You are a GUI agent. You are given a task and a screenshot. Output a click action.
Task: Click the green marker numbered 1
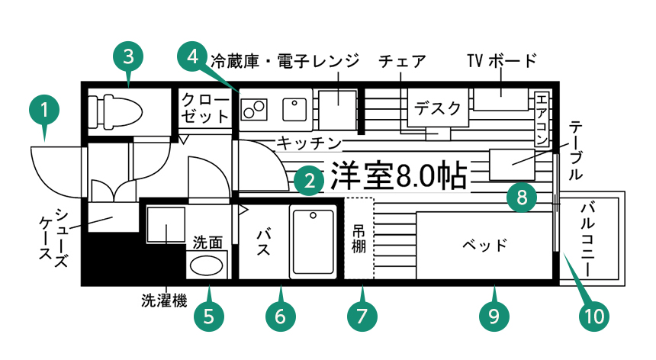(x=44, y=110)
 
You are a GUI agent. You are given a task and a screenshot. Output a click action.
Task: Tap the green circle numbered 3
(x=128, y=56)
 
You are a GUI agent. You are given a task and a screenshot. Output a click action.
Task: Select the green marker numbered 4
(x=192, y=56)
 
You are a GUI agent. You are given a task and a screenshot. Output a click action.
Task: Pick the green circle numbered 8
(x=522, y=197)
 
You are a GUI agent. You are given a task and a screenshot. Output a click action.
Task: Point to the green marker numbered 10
(x=594, y=316)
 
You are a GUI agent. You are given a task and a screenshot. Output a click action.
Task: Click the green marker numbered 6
(x=280, y=316)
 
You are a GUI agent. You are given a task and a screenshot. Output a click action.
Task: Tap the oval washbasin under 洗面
(x=206, y=265)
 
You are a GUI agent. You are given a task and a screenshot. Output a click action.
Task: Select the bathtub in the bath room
(x=314, y=242)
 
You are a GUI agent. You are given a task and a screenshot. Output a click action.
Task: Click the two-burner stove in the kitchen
(x=254, y=109)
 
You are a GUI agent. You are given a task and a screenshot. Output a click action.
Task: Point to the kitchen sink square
(x=294, y=109)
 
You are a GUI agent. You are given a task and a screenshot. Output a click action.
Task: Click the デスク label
(x=438, y=108)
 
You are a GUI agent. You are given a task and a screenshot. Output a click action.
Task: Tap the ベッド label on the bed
(x=484, y=245)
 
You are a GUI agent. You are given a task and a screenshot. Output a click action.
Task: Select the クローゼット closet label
(x=205, y=108)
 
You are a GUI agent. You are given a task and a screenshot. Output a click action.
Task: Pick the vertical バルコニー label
(x=588, y=239)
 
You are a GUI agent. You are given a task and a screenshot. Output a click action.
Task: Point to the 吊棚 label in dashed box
(x=359, y=239)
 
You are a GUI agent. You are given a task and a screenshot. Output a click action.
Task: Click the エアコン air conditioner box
(x=542, y=118)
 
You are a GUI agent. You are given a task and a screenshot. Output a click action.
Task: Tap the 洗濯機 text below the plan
(x=164, y=301)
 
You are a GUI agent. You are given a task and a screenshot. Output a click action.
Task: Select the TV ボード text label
(x=502, y=60)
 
